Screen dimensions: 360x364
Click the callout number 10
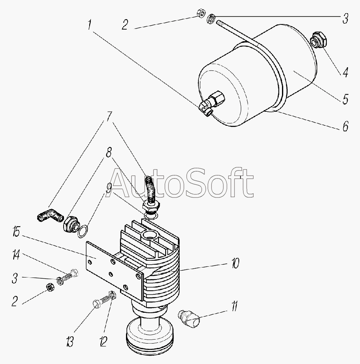pyautogui.click(x=234, y=263)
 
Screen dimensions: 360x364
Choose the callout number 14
pyautogui.click(x=16, y=255)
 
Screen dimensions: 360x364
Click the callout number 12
pyautogui.click(x=103, y=341)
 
